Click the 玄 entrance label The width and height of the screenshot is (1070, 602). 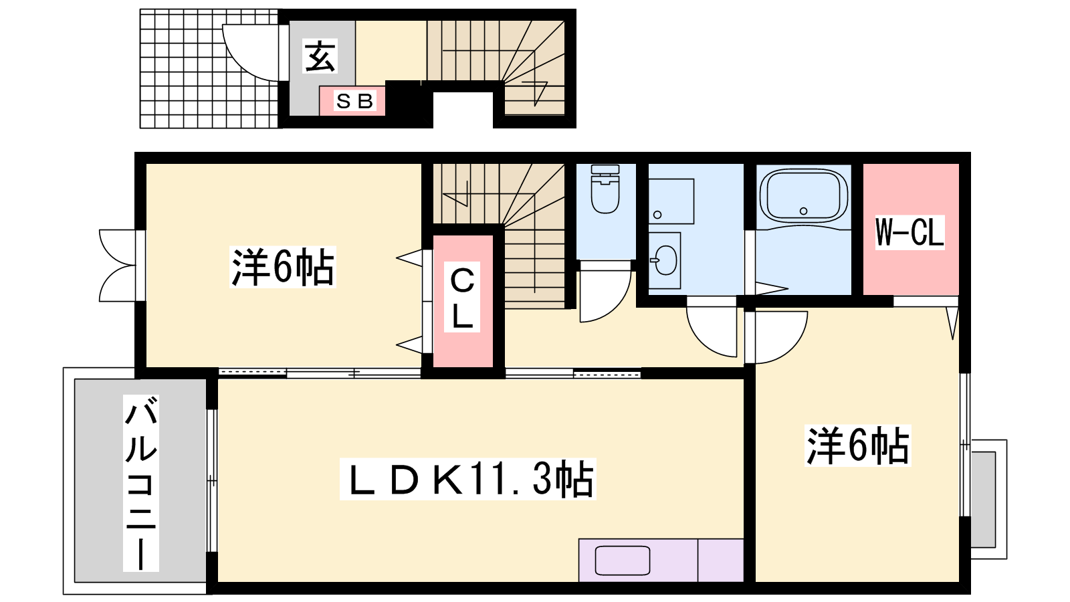point(320,56)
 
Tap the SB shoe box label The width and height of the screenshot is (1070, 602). point(354,101)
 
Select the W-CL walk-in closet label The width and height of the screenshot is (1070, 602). point(909,231)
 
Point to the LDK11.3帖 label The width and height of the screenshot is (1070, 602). point(467,479)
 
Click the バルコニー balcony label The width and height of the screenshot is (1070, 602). point(141,483)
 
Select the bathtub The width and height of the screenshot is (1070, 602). point(803,196)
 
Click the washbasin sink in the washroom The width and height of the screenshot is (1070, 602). point(665,260)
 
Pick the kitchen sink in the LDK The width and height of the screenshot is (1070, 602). point(623,561)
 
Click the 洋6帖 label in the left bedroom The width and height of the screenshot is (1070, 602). point(283,267)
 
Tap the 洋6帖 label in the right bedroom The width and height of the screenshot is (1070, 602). point(858,445)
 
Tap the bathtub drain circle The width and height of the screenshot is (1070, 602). point(803,211)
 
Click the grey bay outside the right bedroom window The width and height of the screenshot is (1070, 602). point(983,500)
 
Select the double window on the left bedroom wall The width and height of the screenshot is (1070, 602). point(120,266)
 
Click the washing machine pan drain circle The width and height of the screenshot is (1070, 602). point(657,215)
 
